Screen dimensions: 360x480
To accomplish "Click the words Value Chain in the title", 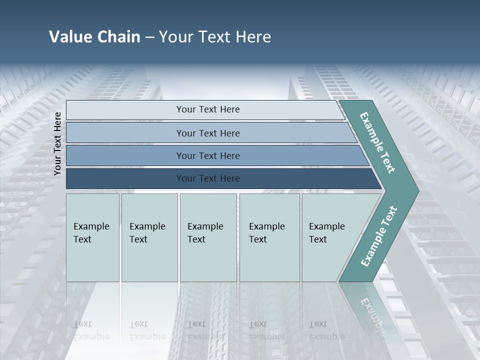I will (x=94, y=36).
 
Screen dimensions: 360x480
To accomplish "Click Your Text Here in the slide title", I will (x=215, y=36).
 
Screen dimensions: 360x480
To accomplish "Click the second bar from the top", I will (x=207, y=133).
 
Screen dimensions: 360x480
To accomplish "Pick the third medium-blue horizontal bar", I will (x=207, y=155).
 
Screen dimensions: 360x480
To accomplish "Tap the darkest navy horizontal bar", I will (x=207, y=178).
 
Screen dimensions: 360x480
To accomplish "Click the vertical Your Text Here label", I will (x=57, y=143).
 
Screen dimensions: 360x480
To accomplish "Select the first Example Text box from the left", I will (x=92, y=237).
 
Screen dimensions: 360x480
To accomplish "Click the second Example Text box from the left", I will (x=149, y=237).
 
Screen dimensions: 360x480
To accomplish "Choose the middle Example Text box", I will (x=207, y=237).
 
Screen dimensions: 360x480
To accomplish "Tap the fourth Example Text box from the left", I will (x=269, y=237).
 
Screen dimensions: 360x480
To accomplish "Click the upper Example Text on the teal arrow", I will (x=378, y=142).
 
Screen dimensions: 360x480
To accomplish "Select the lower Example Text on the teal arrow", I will (x=379, y=236).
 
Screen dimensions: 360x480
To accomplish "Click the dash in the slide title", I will (x=149, y=37).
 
